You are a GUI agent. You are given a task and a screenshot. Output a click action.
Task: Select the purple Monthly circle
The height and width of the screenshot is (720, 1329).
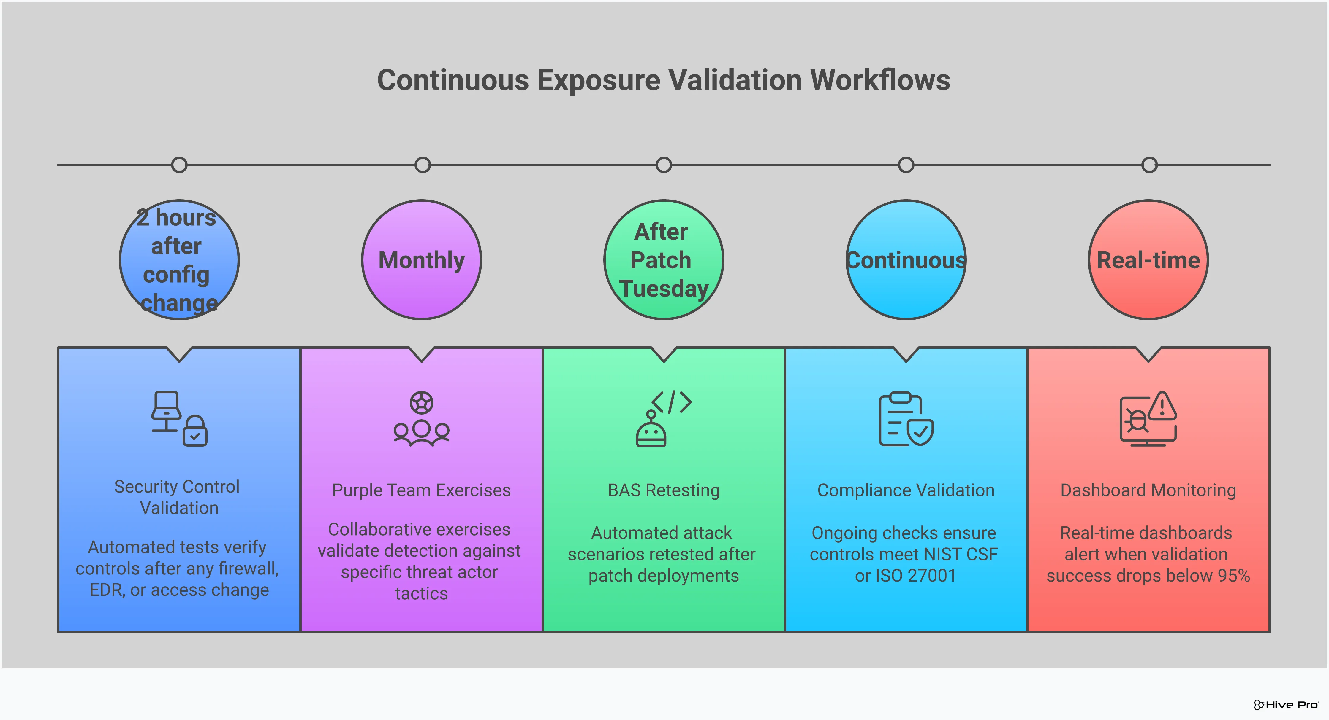(x=422, y=260)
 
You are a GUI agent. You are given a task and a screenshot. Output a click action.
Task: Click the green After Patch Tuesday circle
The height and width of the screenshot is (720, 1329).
(x=664, y=260)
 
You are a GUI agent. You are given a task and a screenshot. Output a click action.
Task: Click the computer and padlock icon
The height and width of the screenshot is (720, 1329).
(x=179, y=418)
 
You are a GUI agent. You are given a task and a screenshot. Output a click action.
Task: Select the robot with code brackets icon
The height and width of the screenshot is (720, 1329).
(x=664, y=418)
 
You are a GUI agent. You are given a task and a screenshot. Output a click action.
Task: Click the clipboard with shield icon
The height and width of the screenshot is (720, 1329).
(x=906, y=418)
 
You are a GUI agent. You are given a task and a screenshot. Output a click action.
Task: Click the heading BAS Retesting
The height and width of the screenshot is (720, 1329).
(x=664, y=490)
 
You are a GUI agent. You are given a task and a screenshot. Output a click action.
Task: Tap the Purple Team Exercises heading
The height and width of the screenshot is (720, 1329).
(x=422, y=490)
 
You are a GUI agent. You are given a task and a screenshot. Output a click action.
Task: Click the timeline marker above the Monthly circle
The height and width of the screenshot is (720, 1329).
(x=423, y=165)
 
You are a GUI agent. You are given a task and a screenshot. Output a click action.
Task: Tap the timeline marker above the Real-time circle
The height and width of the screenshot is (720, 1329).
(x=1149, y=165)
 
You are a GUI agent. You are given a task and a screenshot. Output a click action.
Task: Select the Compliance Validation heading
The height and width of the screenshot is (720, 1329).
(x=906, y=490)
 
